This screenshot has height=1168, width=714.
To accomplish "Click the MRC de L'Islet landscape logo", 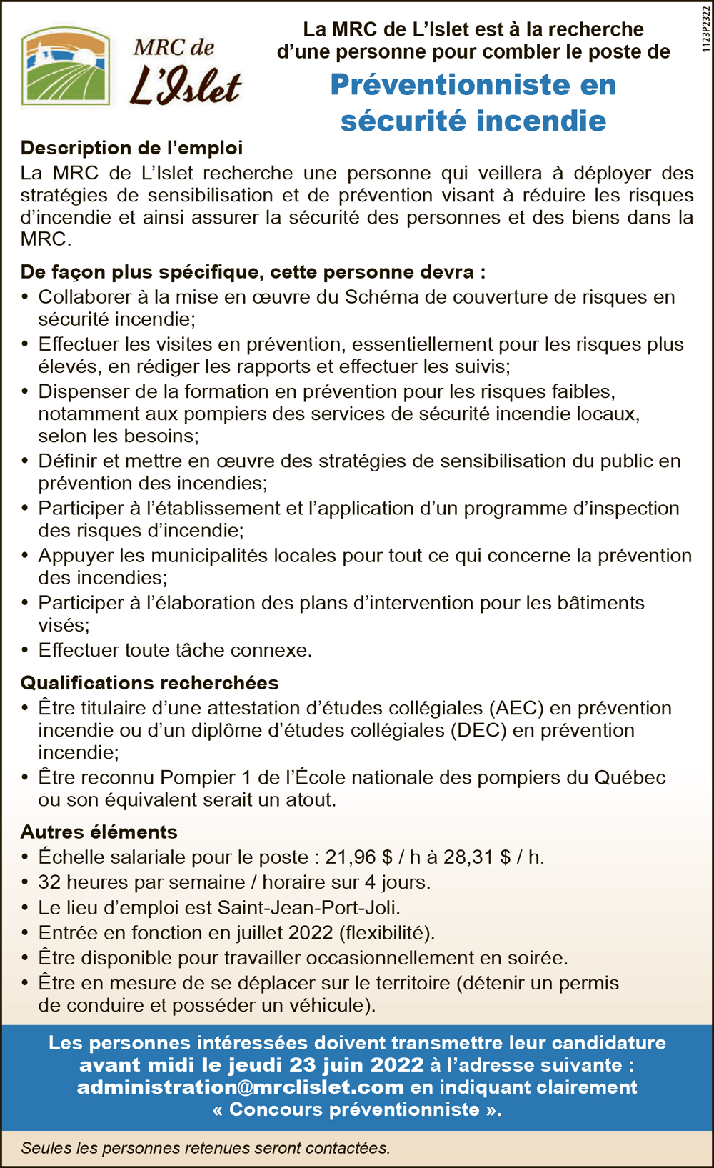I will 66,66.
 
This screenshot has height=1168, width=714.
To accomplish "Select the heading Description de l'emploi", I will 131,148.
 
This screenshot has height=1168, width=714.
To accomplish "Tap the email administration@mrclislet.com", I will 241,1087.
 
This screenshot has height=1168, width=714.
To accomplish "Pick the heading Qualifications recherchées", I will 149,683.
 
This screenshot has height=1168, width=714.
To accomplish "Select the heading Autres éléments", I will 99,832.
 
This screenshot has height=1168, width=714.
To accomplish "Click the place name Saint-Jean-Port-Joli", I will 308,908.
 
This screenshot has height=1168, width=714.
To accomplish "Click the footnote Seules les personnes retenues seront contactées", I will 206,1148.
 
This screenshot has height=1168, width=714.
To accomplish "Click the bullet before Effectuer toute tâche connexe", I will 25,651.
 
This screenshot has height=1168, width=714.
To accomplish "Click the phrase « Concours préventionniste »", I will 357,1109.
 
